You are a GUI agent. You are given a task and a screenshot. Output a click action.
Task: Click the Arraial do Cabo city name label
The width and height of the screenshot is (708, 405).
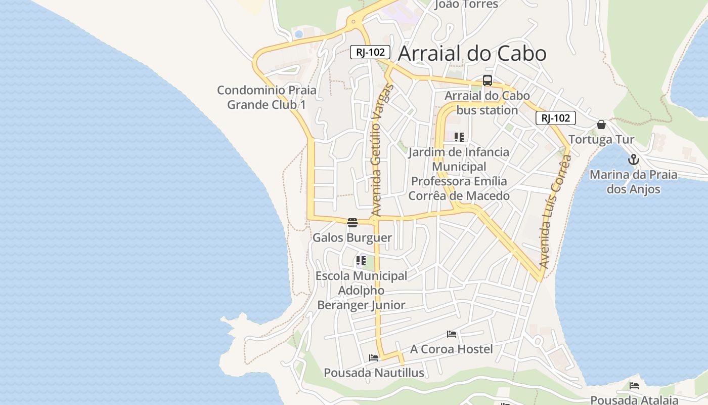pos(472,53)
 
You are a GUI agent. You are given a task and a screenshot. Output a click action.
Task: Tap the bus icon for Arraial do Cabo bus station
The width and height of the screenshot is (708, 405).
pos(487,80)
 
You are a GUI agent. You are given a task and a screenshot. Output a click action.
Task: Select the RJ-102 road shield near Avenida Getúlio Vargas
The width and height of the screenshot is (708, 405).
pos(370,52)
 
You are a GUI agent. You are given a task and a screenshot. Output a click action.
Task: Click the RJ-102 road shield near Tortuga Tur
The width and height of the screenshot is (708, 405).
pos(555,118)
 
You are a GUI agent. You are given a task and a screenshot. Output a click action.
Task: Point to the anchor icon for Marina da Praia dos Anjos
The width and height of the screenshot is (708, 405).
pos(633,160)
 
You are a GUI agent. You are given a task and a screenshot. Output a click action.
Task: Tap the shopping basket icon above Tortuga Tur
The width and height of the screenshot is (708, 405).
pos(601,125)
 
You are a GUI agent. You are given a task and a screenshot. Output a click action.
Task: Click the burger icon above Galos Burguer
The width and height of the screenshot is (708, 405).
pos(352,222)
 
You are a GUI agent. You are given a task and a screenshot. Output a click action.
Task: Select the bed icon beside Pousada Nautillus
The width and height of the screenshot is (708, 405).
pos(374,358)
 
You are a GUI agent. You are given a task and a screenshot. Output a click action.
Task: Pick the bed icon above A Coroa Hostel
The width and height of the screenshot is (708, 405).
pos(452,334)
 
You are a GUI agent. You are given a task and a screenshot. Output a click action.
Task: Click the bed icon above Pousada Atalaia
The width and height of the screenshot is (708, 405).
pos(634,386)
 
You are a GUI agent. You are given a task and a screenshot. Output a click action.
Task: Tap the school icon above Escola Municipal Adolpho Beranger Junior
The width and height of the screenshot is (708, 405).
pos(361,261)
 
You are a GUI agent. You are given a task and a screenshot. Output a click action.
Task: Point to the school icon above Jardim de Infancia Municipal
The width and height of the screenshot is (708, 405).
pos(459,137)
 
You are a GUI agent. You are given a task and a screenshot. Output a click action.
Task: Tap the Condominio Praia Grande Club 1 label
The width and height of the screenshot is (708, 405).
pos(267,97)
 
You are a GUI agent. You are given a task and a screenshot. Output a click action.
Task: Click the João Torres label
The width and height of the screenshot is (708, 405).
pos(466,5)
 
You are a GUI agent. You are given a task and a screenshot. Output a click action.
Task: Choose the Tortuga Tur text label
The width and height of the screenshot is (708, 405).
pos(601,140)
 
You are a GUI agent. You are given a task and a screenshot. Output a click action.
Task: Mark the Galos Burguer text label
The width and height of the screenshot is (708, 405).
pos(352,237)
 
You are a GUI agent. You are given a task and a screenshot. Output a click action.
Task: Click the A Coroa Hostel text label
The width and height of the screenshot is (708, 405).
pos(451,349)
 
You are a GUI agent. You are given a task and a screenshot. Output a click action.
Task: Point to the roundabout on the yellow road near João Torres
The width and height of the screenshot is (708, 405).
pos(353,22)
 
